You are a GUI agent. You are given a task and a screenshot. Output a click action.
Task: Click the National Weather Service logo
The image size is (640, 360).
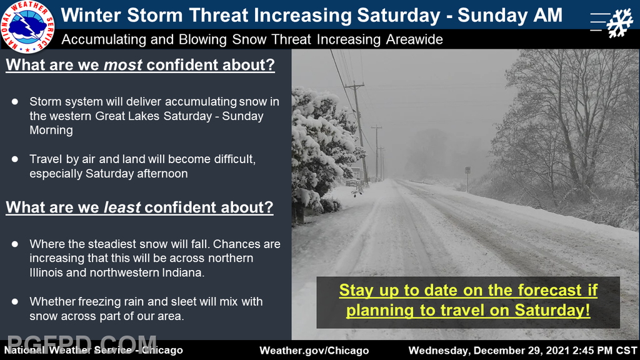(x=27, y=26)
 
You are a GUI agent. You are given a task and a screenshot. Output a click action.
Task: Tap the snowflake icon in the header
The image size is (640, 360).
(x=619, y=23)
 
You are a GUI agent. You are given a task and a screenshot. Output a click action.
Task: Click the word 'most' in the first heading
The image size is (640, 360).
(x=123, y=65)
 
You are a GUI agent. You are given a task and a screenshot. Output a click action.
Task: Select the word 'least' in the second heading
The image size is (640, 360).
(x=122, y=207)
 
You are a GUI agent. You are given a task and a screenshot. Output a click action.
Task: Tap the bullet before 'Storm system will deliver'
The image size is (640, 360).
(x=15, y=102)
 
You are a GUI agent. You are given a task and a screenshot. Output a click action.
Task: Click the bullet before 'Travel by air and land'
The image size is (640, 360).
(x=15, y=159)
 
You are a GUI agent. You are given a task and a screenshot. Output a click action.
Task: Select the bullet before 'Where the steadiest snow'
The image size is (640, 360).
(x=15, y=244)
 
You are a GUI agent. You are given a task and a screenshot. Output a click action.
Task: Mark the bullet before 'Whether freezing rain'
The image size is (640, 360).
(x=15, y=302)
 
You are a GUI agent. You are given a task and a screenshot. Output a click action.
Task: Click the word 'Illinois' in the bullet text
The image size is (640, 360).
(x=43, y=272)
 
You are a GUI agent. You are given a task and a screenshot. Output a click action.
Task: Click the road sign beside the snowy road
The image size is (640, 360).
(x=467, y=170)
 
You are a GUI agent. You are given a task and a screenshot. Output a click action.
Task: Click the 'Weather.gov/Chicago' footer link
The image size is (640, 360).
(x=314, y=351)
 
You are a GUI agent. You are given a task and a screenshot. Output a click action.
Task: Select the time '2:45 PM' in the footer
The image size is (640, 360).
(x=587, y=351)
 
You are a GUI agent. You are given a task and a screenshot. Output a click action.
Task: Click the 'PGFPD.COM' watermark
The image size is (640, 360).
(x=82, y=344)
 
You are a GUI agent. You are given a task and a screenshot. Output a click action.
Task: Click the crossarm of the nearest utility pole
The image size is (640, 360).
(x=355, y=86)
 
